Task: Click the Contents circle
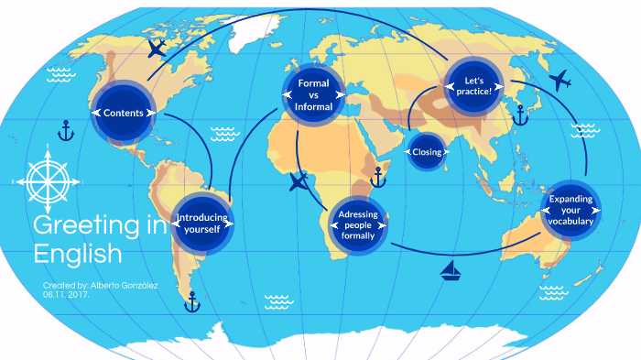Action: [x=124, y=113]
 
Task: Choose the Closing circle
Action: [x=427, y=152]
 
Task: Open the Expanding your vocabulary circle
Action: [x=570, y=211]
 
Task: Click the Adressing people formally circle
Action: [x=357, y=224]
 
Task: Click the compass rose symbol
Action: [x=48, y=181]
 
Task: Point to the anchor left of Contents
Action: [x=65, y=131]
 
